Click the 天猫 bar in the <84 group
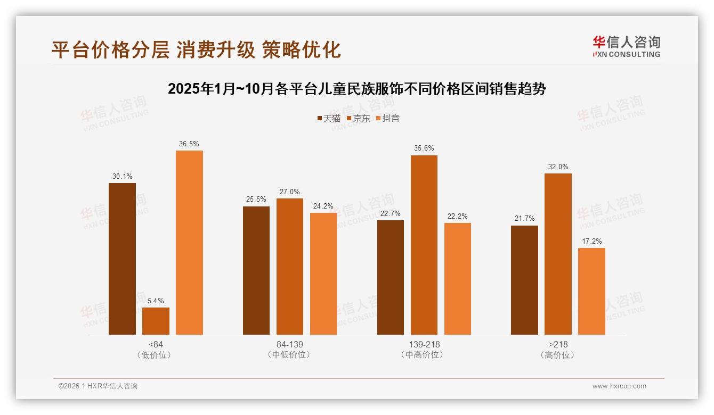coord(122,259)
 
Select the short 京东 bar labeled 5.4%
coord(156,321)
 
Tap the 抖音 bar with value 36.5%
coord(189,242)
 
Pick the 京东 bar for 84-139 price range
coord(289,266)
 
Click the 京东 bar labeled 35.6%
coord(424,245)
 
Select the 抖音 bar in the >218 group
coord(591,291)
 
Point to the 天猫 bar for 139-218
coord(390,277)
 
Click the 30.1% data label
coord(122,176)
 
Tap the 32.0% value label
coord(558,167)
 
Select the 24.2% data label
coord(323,206)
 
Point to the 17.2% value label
coord(591,241)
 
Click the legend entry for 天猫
coord(329,118)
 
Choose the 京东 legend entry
coord(358,118)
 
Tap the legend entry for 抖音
coord(387,118)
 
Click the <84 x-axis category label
coord(156,344)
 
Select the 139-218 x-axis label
coord(424,344)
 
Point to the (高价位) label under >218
coord(558,355)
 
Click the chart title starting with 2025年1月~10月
coord(356,88)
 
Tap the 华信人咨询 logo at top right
coord(626,46)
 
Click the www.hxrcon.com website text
coord(619,386)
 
